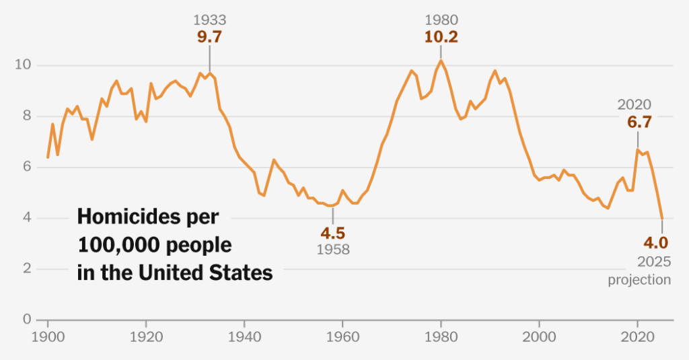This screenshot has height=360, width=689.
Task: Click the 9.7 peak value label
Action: tap(209, 37)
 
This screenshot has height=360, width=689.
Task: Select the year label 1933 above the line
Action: tap(209, 21)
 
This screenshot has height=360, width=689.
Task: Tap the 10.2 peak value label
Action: tap(441, 37)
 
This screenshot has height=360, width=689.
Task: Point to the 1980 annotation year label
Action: tap(441, 21)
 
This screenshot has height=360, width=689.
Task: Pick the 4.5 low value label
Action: tap(332, 233)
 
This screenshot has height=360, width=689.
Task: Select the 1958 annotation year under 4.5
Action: tap(332, 249)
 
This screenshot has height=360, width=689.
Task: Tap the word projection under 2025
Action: tap(639, 279)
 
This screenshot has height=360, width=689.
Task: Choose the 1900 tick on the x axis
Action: tap(48, 334)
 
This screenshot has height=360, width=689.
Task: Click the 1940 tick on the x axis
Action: tap(244, 334)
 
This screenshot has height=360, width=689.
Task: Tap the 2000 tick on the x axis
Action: tap(539, 334)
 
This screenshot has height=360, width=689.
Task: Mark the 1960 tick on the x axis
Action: tap(342, 334)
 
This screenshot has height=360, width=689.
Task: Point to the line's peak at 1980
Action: tap(441, 61)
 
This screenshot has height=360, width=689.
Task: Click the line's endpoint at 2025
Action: tap(662, 218)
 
